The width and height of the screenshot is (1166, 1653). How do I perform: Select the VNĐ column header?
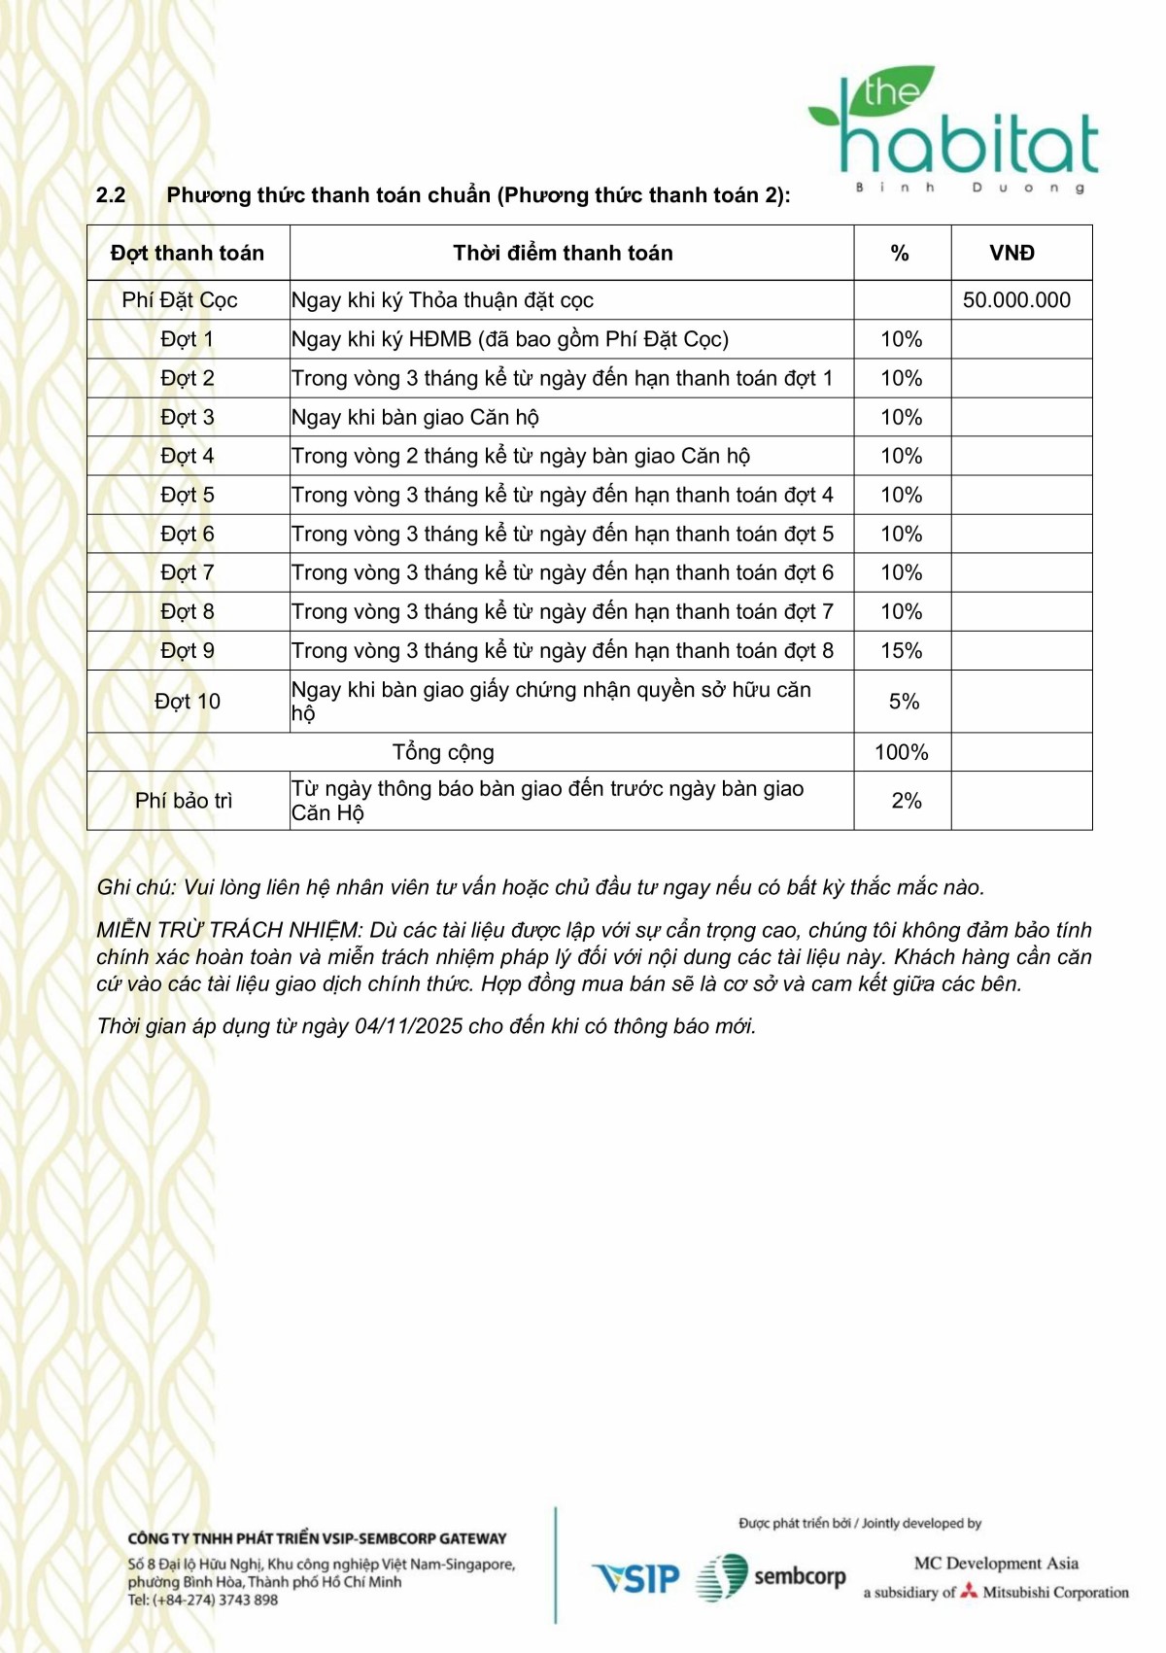tap(1012, 254)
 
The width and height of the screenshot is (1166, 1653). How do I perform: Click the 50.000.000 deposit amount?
tap(1016, 300)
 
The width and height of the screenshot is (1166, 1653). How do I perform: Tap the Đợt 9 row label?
tap(188, 651)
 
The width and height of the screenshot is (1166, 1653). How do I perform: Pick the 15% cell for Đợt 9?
tap(902, 651)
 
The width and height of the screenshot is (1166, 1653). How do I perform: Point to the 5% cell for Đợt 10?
tap(904, 702)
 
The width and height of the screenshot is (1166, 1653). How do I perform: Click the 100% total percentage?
tap(902, 752)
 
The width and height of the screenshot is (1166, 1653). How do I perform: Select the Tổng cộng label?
tap(443, 752)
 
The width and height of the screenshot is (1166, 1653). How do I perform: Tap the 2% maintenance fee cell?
tap(906, 801)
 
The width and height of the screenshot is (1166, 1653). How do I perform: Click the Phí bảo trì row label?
tap(184, 801)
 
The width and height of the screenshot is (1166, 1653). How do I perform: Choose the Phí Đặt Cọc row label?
tap(180, 300)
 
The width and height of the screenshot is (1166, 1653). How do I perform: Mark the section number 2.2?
tap(111, 195)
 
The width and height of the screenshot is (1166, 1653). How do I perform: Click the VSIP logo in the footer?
tap(636, 1578)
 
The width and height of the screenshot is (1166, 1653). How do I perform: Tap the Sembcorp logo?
tap(772, 1576)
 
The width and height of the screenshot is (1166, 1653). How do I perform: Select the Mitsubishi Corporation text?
tap(1054, 1593)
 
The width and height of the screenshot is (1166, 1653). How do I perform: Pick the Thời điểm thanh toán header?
tap(563, 254)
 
